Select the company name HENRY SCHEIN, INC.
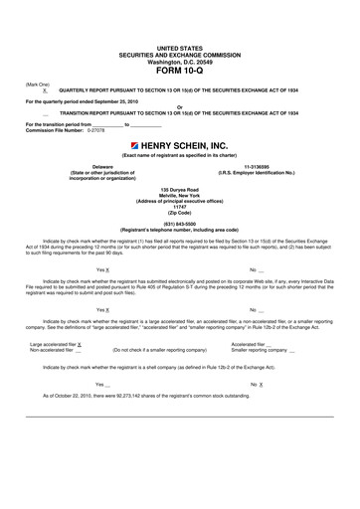click(x=186, y=145)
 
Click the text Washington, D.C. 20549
click(x=180, y=62)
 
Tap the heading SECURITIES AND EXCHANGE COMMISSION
click(x=180, y=54)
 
